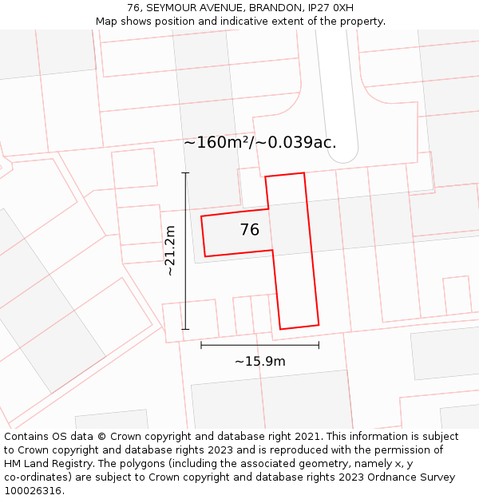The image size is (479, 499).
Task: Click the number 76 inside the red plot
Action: tap(249, 230)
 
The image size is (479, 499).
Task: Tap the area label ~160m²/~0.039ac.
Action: tap(260, 143)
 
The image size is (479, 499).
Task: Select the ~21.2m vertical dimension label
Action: tap(170, 251)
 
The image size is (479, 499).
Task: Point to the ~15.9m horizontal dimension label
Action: tap(259, 361)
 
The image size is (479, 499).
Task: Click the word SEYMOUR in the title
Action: tap(173, 8)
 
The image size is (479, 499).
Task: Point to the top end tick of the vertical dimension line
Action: tap(185, 172)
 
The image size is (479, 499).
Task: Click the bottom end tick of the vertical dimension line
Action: tap(185, 329)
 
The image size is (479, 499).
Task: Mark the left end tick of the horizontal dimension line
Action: tap(201, 345)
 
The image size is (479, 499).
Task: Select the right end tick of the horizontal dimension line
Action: tap(319, 345)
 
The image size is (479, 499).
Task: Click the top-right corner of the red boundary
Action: tap(303, 172)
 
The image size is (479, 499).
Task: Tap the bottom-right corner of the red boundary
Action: tap(319, 325)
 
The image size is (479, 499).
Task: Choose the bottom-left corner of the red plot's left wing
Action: tap(205, 256)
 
